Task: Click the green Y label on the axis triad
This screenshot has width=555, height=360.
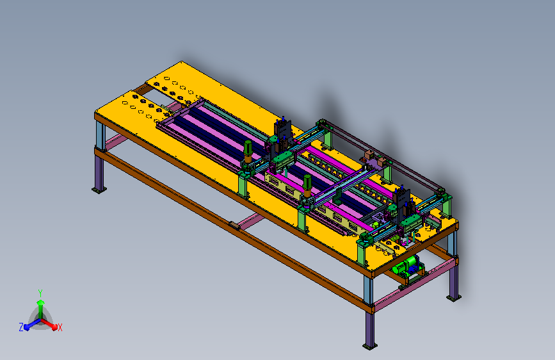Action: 40,293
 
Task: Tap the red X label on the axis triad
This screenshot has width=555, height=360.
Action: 60,327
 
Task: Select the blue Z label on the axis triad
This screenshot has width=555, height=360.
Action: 21,327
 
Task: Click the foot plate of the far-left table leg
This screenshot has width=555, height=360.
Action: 99,190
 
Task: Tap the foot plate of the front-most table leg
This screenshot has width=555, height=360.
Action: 370,346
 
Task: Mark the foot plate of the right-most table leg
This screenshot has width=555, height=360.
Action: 453,298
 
